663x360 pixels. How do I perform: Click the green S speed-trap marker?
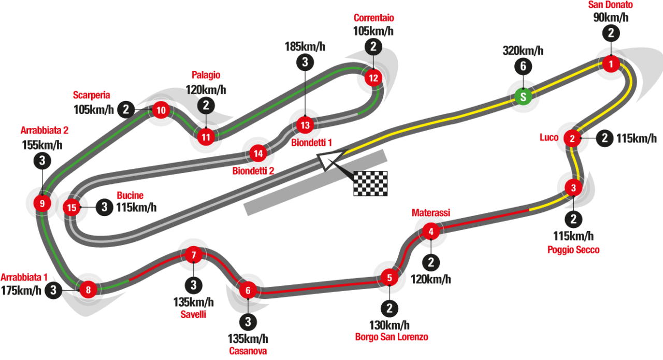(523, 96)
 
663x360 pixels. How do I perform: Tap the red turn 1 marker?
(611, 64)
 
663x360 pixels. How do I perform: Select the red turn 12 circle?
(373, 78)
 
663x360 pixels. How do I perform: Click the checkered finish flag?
(370, 183)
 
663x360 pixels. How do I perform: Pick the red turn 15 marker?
(71, 208)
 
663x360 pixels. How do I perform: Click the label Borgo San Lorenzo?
(391, 337)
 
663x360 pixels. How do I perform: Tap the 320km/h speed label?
(523, 51)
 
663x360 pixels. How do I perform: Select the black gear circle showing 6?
(523, 66)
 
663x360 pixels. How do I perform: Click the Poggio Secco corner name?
(573, 250)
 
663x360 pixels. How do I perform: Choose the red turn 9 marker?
(42, 203)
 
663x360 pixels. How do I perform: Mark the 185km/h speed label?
(305, 47)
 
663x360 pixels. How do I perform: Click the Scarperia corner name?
(91, 95)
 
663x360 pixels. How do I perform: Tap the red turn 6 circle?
(248, 290)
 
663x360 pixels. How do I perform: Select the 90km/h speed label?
(611, 18)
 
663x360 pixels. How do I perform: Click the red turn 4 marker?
(431, 231)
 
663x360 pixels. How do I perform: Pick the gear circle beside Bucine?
(104, 208)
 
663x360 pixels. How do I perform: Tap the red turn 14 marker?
(257, 153)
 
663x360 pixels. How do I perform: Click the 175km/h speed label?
(21, 291)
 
